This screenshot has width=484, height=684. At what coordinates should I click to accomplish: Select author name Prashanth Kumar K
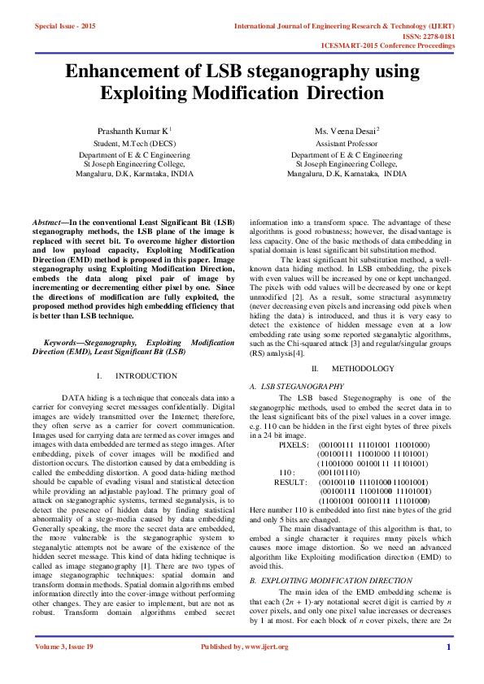click(133, 130)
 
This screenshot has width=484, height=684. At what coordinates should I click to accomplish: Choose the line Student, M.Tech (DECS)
click(134, 142)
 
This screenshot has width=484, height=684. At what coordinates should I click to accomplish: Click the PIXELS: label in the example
click(294, 445)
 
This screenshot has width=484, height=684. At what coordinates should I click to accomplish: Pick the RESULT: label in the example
click(290, 482)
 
